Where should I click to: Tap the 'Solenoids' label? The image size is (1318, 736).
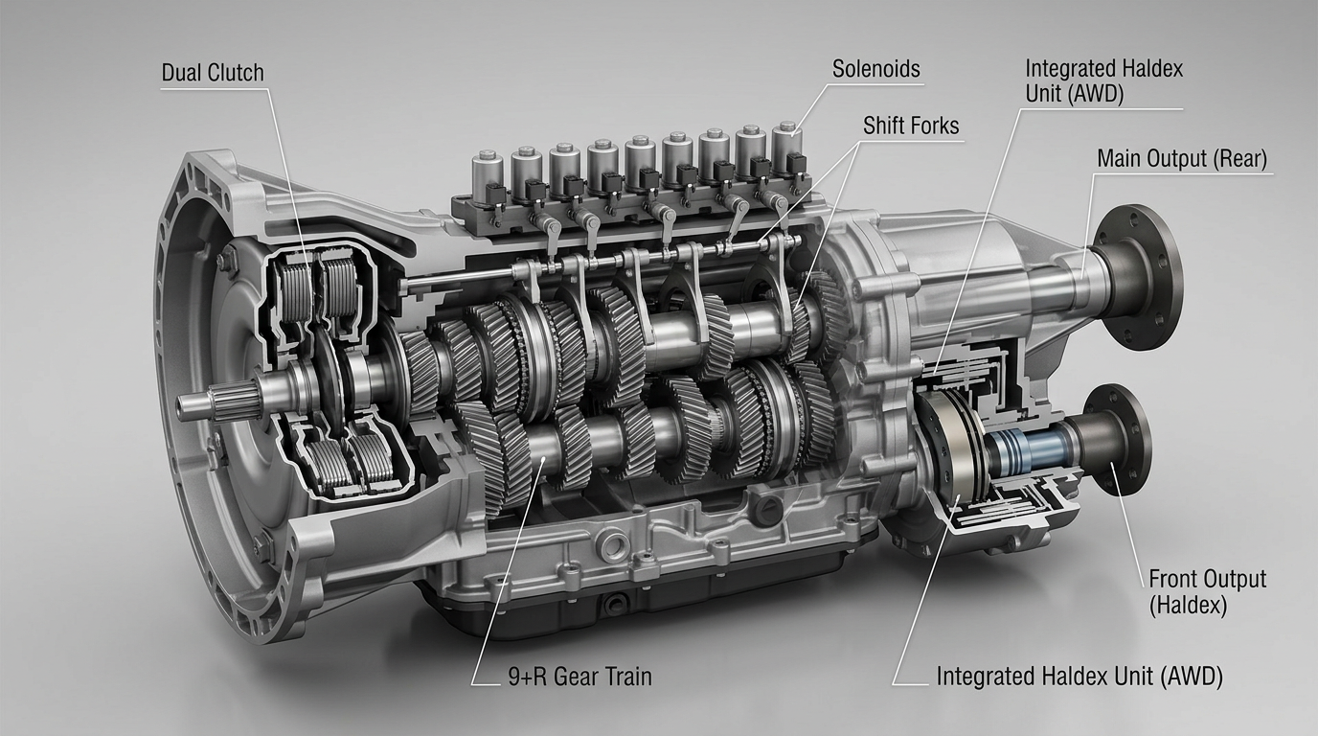875,68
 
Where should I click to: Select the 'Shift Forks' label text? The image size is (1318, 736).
911,125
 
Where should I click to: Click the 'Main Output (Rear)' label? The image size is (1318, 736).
1182,158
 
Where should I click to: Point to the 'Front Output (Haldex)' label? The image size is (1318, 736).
1207,591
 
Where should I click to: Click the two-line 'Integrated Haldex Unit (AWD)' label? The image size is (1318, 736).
1103,81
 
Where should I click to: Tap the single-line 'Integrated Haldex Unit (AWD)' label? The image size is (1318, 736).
1079,676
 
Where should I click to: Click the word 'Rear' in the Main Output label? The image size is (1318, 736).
1239,158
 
